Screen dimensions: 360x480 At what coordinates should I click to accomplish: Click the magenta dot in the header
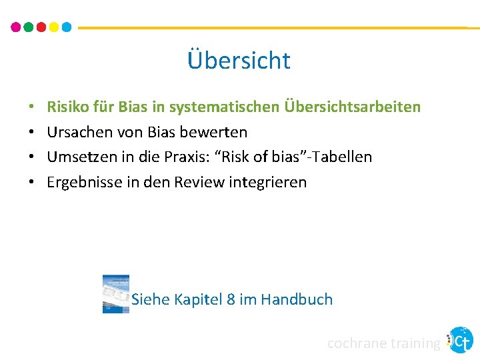16,27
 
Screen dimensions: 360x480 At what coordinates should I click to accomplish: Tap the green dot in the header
29,27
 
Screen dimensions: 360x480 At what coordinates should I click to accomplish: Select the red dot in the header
41,27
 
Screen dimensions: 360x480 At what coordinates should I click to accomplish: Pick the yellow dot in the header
54,27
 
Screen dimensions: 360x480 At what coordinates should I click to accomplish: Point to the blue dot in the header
67,27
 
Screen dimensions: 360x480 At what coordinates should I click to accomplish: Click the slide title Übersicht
239,61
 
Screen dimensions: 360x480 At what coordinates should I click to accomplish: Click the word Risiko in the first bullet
67,107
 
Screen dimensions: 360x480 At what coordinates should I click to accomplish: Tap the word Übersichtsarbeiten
353,107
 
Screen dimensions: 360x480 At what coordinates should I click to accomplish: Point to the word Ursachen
75,132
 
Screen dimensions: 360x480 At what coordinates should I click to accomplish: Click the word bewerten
216,132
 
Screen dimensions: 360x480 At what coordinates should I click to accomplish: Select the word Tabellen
344,157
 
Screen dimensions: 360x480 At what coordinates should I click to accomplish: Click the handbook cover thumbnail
115,293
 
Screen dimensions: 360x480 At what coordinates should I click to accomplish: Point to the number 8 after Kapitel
231,299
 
